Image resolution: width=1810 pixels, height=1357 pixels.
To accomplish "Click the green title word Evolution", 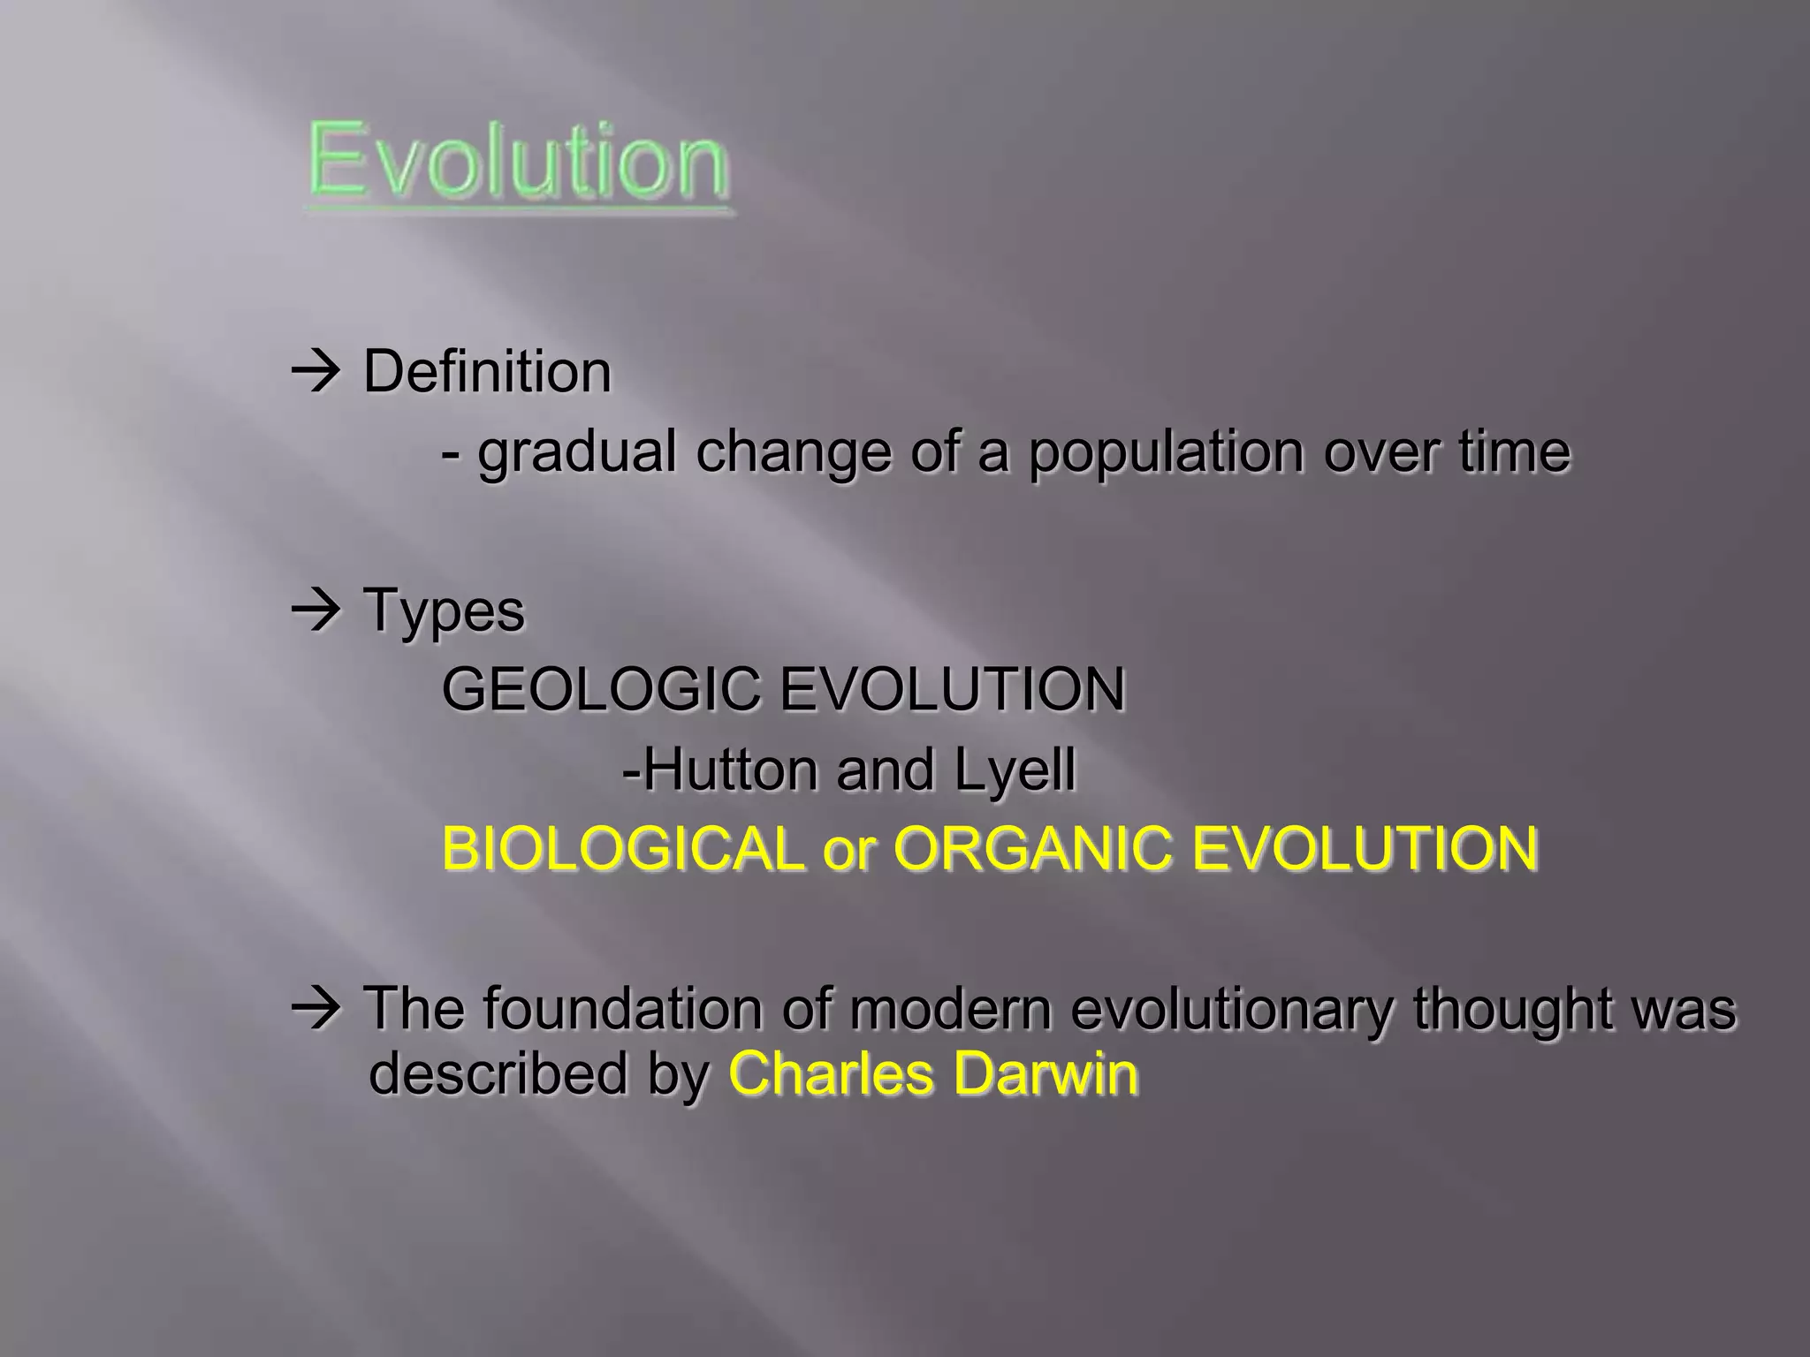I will [x=518, y=161].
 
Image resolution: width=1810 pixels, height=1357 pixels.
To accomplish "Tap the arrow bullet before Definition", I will [x=316, y=372].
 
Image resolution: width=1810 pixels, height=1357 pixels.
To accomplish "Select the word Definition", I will [x=487, y=371].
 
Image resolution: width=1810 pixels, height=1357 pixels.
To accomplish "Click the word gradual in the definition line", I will [x=576, y=452].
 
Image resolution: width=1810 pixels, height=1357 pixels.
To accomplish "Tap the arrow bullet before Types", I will [x=316, y=610].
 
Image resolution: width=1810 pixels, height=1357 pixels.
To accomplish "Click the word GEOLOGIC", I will [x=600, y=689].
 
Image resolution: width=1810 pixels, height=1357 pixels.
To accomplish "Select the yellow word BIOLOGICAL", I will [x=620, y=848].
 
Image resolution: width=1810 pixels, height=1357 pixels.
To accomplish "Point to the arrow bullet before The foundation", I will [x=316, y=1008].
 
